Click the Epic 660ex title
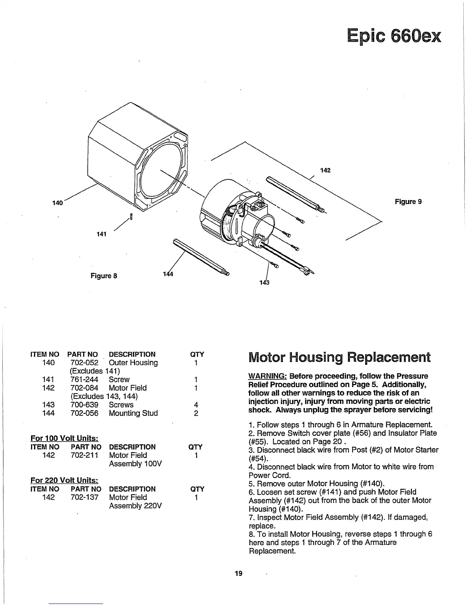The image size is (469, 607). click(x=394, y=37)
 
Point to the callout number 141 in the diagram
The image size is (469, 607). click(x=101, y=234)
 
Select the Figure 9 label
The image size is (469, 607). click(x=408, y=202)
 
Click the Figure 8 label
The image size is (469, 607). click(x=103, y=276)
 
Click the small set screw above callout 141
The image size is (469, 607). click(x=131, y=217)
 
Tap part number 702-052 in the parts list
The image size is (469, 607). click(x=84, y=363)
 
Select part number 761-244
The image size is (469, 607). click(x=84, y=379)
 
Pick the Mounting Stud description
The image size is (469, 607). click(x=133, y=413)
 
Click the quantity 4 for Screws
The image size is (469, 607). click(x=196, y=405)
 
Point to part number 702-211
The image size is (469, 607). click(x=84, y=455)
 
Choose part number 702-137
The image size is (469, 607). click(x=84, y=497)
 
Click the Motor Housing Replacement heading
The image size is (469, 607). click(x=339, y=357)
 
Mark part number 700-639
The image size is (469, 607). click(x=84, y=405)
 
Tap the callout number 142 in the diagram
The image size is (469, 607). click(x=325, y=170)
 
